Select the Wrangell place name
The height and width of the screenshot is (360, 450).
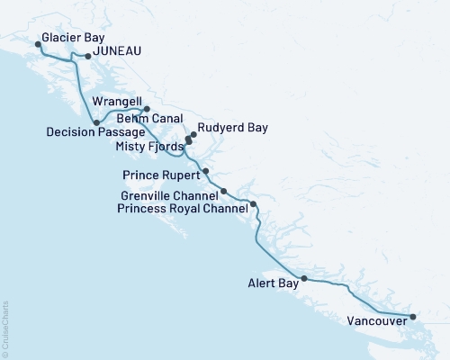116,104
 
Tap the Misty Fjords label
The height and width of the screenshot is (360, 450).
148,145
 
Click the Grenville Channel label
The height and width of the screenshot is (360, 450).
169,194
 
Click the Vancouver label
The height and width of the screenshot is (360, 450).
374,319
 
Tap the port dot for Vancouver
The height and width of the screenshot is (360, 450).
412,316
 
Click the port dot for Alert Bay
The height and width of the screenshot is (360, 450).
303,278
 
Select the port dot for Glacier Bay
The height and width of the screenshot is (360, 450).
37,43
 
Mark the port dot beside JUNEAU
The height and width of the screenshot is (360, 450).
87,56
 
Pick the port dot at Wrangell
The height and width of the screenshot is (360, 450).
146,109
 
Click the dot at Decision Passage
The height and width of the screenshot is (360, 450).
96,121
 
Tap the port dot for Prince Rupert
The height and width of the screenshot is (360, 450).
206,171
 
